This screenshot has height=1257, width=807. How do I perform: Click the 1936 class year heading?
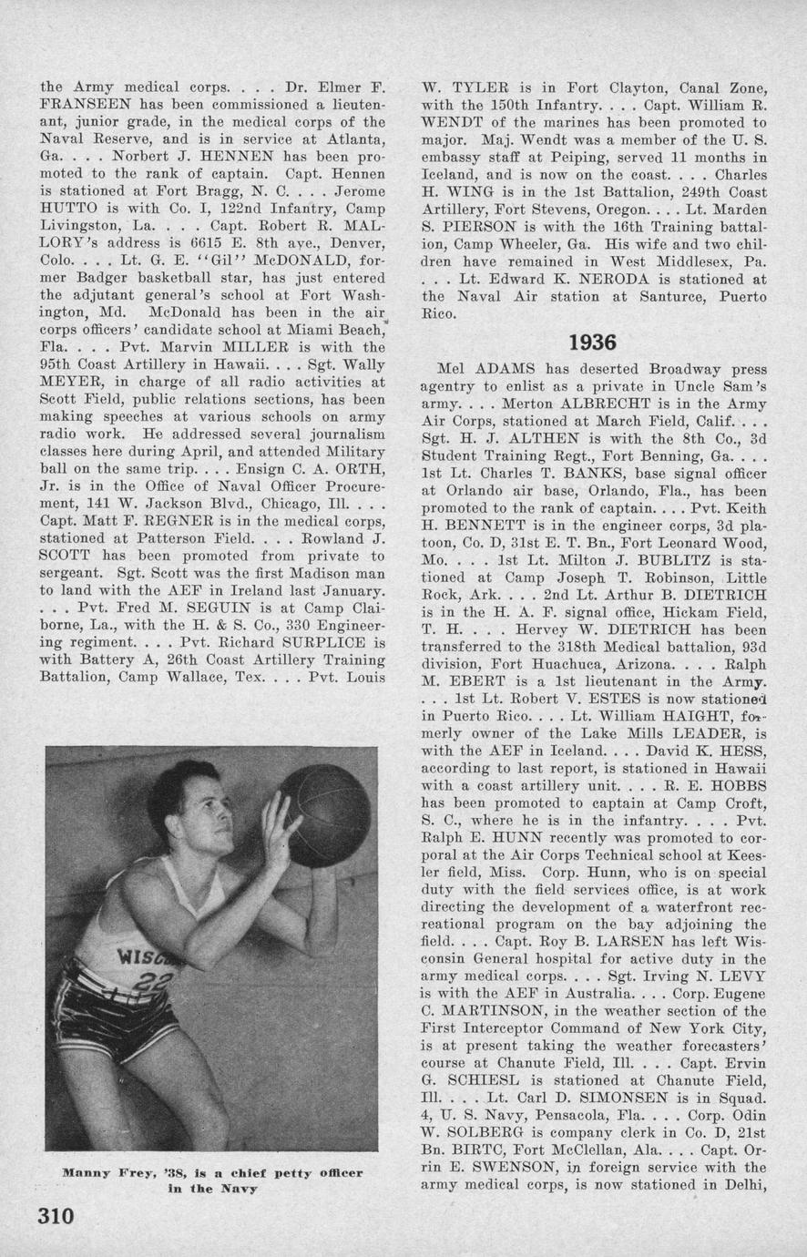[593, 342]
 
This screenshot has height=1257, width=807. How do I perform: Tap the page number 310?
[56, 1217]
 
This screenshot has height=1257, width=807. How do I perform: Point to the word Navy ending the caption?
[240, 1189]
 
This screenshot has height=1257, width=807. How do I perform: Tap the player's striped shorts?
[118, 1011]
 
